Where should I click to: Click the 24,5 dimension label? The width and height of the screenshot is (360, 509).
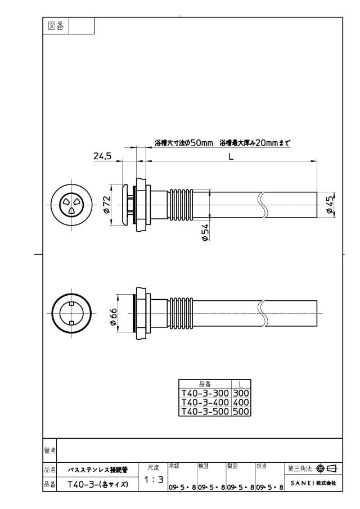102,156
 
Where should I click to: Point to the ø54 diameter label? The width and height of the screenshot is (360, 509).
205,232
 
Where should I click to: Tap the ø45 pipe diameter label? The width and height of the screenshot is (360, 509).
330,205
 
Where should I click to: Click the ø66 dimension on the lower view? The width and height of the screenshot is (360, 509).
112,317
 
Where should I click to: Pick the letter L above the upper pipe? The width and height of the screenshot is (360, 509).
231,156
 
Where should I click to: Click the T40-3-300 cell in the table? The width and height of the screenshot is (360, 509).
205,393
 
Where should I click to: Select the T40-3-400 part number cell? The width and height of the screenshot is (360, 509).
205,402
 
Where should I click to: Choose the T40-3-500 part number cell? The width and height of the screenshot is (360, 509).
205,411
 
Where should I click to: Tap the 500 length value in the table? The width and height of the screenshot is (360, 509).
241,411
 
